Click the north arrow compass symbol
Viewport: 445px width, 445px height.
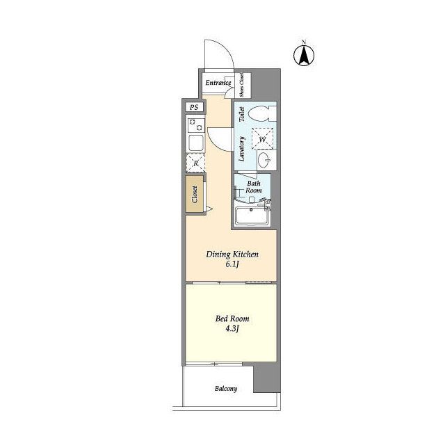click(304, 55)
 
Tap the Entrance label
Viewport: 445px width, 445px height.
click(218, 83)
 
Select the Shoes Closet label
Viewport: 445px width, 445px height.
click(241, 85)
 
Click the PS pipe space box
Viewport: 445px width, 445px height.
click(194, 107)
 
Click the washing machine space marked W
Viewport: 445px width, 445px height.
click(262, 139)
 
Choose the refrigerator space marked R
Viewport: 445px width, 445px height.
click(195, 163)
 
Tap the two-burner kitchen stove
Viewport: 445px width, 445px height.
click(196, 125)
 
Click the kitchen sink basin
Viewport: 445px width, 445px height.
click(196, 143)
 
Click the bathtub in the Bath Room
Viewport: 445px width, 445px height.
click(252, 216)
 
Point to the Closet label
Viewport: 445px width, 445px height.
click(195, 195)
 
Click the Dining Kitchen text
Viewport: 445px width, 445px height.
click(232, 254)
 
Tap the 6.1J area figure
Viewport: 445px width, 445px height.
click(232, 264)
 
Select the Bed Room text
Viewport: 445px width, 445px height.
click(232, 318)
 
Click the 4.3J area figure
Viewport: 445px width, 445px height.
click(232, 329)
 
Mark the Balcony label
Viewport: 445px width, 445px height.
click(226, 389)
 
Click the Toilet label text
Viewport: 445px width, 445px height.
click(242, 114)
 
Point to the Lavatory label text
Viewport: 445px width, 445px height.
click(242, 149)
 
